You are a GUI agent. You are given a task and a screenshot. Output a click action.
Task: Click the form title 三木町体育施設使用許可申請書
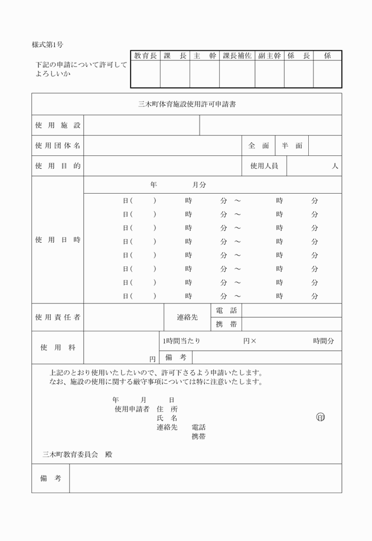tap(187, 105)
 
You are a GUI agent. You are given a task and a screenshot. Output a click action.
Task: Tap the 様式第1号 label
tap(48, 45)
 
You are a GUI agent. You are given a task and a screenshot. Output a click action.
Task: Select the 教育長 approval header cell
tap(145, 56)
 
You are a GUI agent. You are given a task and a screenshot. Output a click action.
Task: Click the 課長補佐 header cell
tap(237, 56)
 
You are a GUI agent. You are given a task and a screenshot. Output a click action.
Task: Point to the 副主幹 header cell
tap(269, 56)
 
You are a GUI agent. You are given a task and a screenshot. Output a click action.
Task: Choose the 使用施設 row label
tap(57, 126)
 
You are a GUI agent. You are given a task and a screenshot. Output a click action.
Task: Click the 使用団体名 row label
tap(57, 145)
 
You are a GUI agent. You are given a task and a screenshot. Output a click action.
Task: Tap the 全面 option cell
tap(259, 145)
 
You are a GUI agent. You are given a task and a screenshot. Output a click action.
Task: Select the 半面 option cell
tap(292, 145)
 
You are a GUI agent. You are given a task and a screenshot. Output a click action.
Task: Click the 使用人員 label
tap(264, 167)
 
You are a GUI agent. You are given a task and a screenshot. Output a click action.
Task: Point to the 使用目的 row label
tap(57, 167)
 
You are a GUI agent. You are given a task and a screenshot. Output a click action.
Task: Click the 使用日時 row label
tap(57, 240)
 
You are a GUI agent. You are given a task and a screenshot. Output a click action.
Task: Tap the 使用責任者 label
tap(57, 317)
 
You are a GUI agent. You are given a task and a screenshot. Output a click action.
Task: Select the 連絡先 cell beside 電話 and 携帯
tap(187, 317)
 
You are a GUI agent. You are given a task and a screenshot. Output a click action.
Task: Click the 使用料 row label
tap(57, 348)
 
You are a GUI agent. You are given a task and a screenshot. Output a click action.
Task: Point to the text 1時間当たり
tap(181, 341)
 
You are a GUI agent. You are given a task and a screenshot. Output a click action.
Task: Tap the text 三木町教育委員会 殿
tap(77, 454)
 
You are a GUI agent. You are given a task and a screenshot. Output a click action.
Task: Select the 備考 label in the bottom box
tap(51, 478)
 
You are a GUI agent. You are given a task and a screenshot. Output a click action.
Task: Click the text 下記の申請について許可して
tap(81, 65)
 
